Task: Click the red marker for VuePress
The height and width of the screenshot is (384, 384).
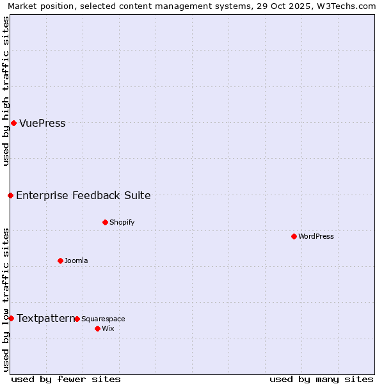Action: coord(13,123)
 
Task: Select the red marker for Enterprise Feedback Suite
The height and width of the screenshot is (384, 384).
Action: coord(10,195)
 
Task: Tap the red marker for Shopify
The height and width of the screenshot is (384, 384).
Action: coord(105,222)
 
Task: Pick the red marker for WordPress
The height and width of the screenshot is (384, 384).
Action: coord(294,236)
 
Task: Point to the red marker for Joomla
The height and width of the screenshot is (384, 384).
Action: coord(60,260)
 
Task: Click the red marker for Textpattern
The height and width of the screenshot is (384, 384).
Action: coord(11,318)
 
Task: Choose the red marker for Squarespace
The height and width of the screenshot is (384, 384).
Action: coord(77,319)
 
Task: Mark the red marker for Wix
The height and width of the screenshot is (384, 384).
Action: coord(97,328)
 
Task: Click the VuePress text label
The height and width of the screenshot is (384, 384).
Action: coord(42,124)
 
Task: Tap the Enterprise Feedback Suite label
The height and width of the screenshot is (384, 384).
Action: coord(83,196)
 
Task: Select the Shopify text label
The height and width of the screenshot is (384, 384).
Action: coord(122,223)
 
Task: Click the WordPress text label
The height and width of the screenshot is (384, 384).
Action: coord(316,237)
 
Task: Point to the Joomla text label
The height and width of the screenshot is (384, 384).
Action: coord(76,261)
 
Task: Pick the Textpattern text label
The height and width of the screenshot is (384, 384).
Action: coord(45,319)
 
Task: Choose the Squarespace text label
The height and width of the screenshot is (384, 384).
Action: coord(103,319)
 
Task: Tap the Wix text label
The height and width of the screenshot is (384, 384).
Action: coord(108,329)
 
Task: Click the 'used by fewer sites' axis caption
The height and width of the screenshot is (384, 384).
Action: coord(66,379)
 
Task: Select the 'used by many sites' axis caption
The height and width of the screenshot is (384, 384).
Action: coord(321,379)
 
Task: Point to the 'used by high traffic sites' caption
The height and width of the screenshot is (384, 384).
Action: coord(6,91)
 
